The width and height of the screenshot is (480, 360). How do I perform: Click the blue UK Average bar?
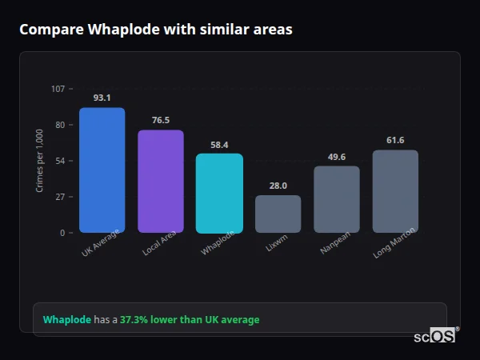[x=102, y=170]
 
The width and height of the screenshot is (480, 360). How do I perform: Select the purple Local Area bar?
[x=160, y=182]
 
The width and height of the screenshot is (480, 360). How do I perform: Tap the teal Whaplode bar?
[x=219, y=194]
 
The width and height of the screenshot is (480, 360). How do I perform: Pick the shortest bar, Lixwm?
[x=278, y=214]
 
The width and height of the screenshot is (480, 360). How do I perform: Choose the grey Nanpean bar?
[x=336, y=199]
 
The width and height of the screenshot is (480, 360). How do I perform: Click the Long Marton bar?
[x=395, y=191]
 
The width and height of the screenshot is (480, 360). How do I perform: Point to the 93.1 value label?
[x=102, y=98]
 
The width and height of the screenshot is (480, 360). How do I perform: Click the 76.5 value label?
[x=160, y=120]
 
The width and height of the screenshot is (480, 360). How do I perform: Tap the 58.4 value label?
[x=219, y=145]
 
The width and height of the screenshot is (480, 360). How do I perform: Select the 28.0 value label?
[x=278, y=186]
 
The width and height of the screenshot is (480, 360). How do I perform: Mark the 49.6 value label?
[x=336, y=157]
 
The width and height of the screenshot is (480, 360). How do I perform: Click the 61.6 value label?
[x=395, y=140]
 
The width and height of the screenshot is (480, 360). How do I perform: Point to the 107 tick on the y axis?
[x=58, y=88]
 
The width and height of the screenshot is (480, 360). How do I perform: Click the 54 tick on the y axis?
[x=60, y=161]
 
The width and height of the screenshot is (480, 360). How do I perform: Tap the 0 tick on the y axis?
[x=62, y=233]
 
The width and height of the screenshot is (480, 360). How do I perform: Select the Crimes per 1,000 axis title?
[x=40, y=161]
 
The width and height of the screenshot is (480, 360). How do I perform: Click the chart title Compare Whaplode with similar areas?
[x=155, y=30]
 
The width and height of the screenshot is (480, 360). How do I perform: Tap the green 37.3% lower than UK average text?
[x=190, y=320]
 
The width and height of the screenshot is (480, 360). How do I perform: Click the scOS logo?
[x=435, y=336]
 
